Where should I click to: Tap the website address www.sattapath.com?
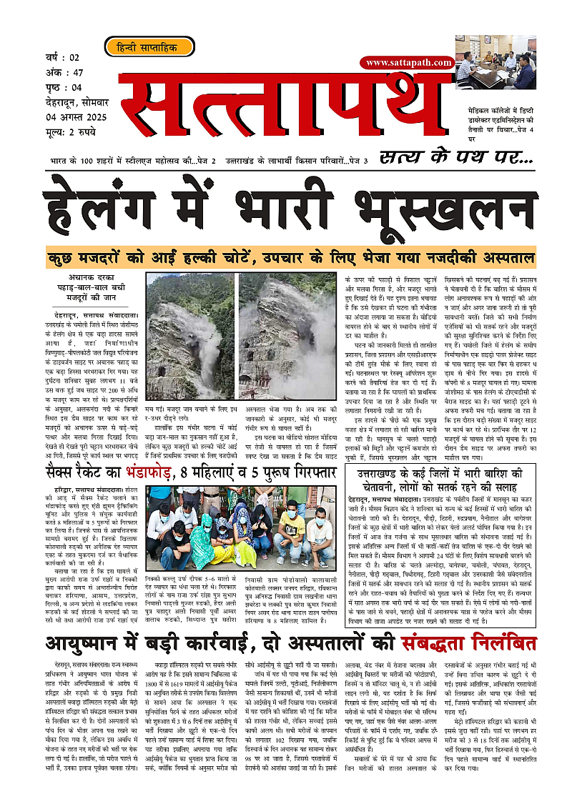click(408, 62)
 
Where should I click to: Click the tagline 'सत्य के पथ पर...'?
click(456, 157)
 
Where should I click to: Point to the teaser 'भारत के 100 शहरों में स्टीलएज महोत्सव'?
click(133, 162)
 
